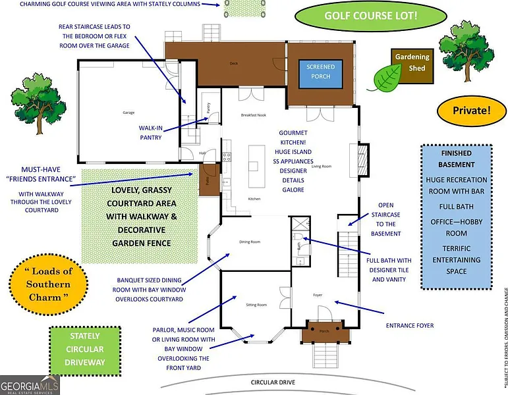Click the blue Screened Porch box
click(320, 74)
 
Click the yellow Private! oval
click(471, 111)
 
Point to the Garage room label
click(128, 113)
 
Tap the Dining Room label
click(250, 242)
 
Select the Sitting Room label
click(256, 305)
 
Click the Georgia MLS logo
click(30, 385)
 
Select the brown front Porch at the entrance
click(324, 331)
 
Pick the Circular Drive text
click(273, 382)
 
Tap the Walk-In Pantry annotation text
click(151, 132)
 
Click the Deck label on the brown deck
click(233, 64)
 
